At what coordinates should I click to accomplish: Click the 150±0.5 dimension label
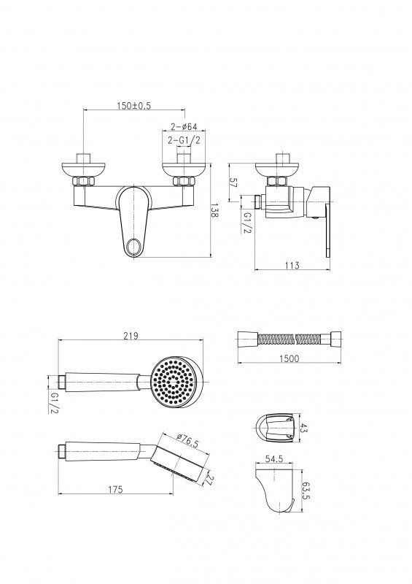(x=134, y=106)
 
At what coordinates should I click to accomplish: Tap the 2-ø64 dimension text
(x=184, y=126)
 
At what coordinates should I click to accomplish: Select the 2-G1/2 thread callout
(x=184, y=140)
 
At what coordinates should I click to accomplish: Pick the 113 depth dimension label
(x=292, y=266)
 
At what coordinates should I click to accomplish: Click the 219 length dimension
(x=131, y=336)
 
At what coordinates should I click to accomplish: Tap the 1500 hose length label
(x=289, y=358)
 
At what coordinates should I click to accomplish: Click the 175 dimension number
(x=115, y=489)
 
